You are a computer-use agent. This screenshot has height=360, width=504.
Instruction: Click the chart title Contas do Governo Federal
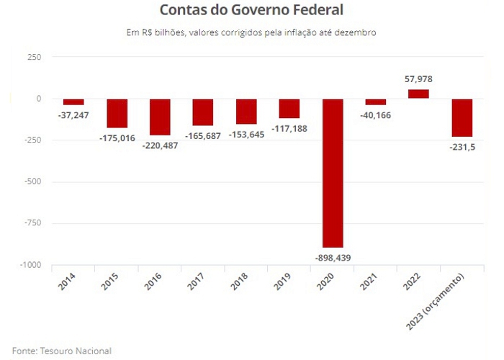[x=251, y=11]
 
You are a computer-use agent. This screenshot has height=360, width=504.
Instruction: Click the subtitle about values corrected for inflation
[x=251, y=32]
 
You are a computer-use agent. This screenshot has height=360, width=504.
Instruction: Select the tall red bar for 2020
[x=332, y=173]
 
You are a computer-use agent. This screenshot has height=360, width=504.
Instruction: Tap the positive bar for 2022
[x=418, y=94]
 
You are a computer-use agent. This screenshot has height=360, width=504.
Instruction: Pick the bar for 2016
[x=159, y=117]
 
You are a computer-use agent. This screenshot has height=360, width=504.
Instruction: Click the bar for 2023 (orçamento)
[x=462, y=117]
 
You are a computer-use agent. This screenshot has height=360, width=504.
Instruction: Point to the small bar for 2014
[x=73, y=102]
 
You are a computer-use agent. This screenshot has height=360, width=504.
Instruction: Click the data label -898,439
[x=332, y=257]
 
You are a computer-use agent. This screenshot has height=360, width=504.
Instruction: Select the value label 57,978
[x=418, y=79]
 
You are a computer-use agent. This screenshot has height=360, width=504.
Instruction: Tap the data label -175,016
[x=116, y=138]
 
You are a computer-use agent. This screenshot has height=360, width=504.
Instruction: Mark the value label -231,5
[x=462, y=146]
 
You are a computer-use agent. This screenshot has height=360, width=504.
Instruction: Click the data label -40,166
[x=375, y=114]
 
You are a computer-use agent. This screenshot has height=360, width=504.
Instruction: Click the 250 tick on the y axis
[x=33, y=57]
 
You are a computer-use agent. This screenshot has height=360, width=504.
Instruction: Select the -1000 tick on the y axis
[x=30, y=265]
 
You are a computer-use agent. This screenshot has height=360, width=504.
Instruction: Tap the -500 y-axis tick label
[x=32, y=181]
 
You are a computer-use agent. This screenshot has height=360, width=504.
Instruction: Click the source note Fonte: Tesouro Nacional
[x=62, y=351]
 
